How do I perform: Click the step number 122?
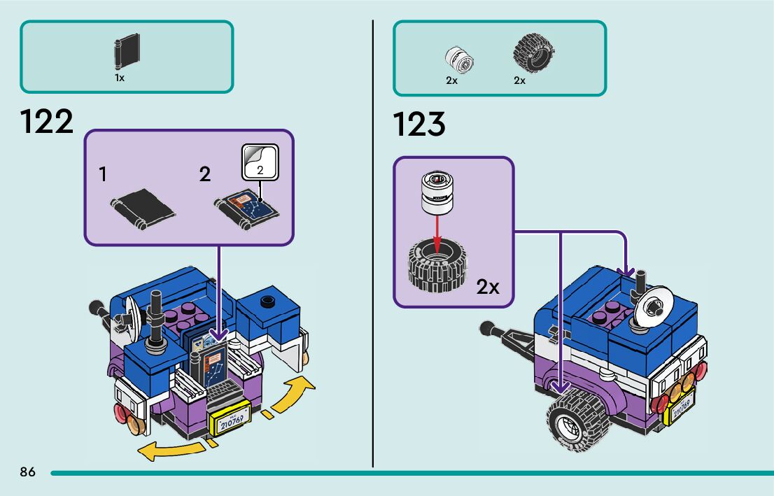(x=46, y=122)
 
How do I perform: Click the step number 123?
(x=419, y=124)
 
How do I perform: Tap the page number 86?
(x=28, y=472)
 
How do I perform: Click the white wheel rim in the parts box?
(x=459, y=60)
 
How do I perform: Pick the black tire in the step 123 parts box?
(x=533, y=53)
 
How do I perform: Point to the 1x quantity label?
(x=120, y=78)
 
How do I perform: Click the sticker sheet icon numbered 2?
(x=260, y=162)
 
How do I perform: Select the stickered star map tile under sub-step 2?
(x=246, y=210)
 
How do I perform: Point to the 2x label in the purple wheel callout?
(x=488, y=287)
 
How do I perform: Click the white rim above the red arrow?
(x=437, y=193)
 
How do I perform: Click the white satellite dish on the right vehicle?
(x=652, y=306)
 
